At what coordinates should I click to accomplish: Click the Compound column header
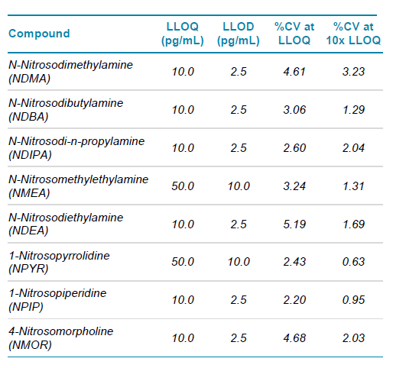39,34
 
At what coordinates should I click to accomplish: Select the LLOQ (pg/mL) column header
183,34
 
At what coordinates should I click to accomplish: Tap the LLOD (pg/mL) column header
239,34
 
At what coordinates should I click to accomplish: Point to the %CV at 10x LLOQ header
353,34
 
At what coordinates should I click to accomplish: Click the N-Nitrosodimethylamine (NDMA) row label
70,72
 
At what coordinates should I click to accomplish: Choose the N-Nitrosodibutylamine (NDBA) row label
66,110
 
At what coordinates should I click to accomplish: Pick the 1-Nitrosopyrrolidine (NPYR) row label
59,262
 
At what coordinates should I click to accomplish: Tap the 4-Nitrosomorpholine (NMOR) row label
60,338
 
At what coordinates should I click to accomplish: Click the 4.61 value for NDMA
294,72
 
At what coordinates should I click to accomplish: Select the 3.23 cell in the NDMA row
353,72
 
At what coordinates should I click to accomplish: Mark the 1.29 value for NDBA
353,110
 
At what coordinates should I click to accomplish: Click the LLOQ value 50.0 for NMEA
183,186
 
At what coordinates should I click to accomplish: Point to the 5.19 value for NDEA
294,224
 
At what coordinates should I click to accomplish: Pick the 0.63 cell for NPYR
353,262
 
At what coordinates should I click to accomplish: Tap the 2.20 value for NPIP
294,300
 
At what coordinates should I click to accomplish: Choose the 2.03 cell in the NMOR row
353,338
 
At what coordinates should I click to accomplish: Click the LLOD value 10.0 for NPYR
239,262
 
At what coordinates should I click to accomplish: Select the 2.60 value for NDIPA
294,148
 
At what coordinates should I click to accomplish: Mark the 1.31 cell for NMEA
353,186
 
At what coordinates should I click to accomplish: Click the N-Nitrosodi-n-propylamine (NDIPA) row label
76,148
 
